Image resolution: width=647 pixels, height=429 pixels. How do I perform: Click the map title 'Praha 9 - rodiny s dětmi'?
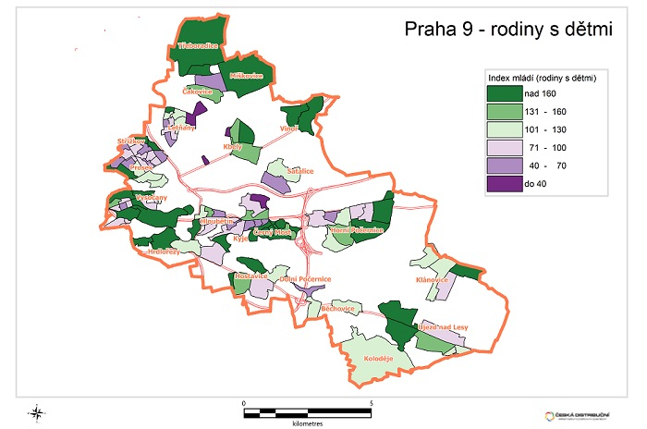click(509, 31)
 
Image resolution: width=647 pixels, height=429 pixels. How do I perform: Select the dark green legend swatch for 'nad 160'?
click(506, 93)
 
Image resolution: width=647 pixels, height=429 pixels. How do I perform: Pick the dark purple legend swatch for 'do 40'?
click(506, 183)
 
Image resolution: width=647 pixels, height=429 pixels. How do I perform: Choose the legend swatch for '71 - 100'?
click(506, 147)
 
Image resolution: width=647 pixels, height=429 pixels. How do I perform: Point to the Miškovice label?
click(247, 76)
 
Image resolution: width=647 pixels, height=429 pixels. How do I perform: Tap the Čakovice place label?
click(198, 92)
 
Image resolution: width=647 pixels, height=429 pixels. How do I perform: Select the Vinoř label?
click(290, 129)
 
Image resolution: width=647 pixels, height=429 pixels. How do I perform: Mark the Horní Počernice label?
click(356, 228)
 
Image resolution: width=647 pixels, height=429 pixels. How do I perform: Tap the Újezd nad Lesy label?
click(439, 326)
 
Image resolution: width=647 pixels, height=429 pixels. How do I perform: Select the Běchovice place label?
click(337, 308)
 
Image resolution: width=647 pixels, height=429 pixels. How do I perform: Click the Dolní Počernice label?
click(307, 278)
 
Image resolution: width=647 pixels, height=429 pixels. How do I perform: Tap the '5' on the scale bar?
click(371, 403)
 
